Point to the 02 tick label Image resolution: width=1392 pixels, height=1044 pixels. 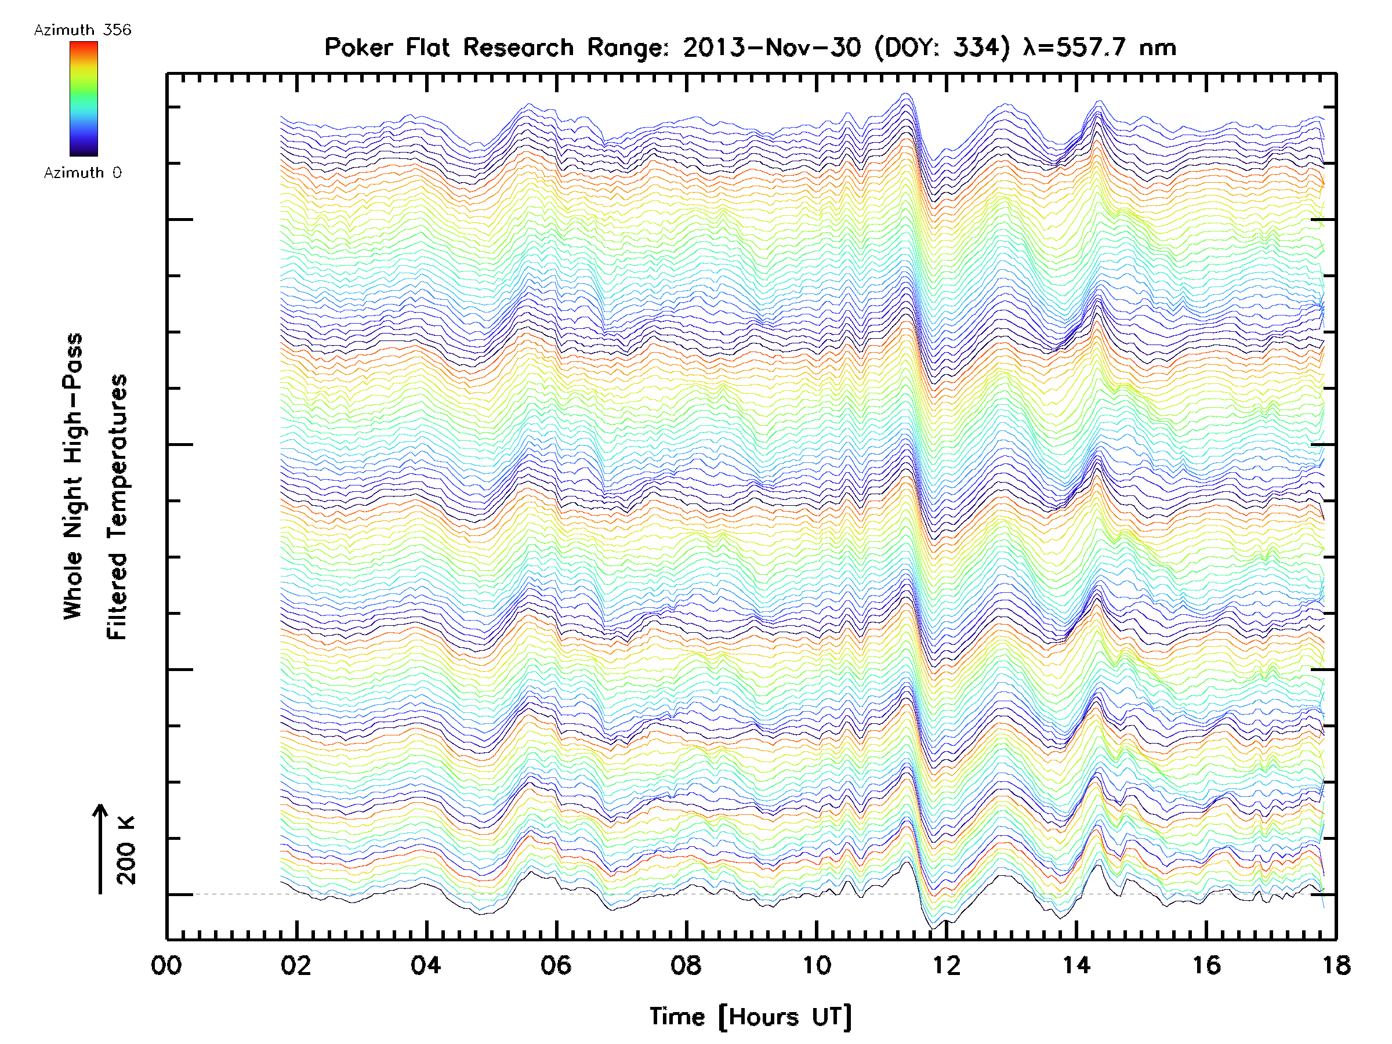tap(296, 965)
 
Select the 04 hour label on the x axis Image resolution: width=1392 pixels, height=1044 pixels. tap(426, 965)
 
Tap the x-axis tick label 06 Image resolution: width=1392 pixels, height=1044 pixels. tap(556, 965)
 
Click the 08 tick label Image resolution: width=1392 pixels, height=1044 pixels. tap(686, 965)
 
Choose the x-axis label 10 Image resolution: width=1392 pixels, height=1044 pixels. tap(816, 965)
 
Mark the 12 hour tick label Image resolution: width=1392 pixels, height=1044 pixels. tap(947, 965)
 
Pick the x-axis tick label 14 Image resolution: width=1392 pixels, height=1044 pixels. tap(1076, 965)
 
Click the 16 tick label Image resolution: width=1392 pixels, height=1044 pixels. tap(1206, 965)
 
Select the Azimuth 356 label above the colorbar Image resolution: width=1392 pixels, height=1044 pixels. tap(82, 30)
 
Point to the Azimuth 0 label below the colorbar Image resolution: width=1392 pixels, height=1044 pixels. tap(82, 173)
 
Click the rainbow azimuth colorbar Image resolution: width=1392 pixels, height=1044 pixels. tap(84, 99)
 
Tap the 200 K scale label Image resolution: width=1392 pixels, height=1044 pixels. tap(126, 850)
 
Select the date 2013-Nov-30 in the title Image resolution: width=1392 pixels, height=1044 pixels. tap(772, 48)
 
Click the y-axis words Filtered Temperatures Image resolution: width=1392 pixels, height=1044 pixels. tap(117, 506)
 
